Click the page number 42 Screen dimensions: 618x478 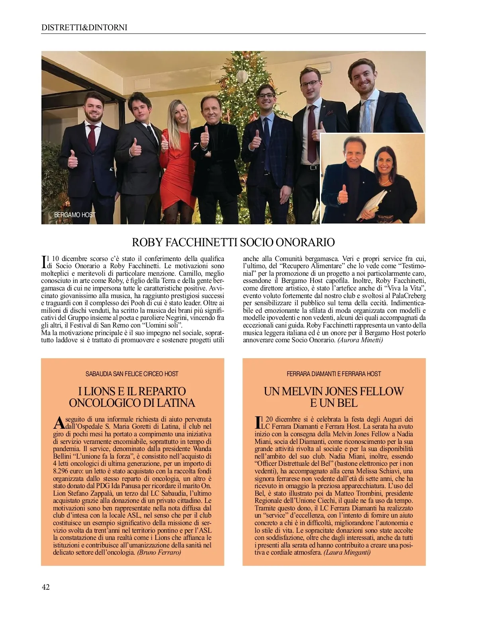tap(46, 587)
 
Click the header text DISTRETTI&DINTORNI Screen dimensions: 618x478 tap(84, 27)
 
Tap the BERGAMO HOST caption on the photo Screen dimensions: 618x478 tap(74, 215)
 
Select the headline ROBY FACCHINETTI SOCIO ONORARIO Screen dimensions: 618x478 tap(233, 242)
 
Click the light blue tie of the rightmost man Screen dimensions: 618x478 tap(366, 116)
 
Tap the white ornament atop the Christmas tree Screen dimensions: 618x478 tap(242, 76)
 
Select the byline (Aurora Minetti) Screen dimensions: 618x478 tap(360, 340)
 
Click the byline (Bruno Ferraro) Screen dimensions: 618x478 tap(159, 552)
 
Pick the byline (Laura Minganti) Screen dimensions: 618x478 tap(347, 552)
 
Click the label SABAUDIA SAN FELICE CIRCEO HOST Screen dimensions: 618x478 tap(132, 374)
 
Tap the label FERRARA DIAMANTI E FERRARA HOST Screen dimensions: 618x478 tap(334, 374)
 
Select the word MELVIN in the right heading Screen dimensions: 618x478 tap(307, 391)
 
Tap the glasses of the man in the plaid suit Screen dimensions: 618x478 tap(265, 96)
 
